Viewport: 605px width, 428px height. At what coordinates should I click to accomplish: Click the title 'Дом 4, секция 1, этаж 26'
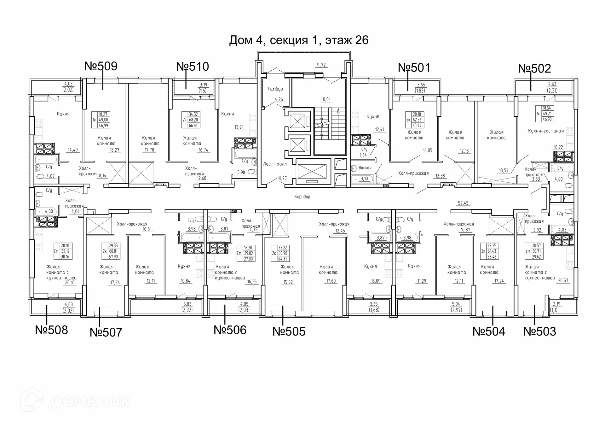tap(299, 40)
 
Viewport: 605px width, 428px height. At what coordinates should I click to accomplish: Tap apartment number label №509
tap(101, 66)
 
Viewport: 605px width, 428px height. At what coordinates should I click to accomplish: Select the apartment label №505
tap(289, 331)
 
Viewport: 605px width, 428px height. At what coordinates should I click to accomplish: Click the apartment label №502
tap(534, 68)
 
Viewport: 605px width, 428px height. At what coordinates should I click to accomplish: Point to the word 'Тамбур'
tap(275, 89)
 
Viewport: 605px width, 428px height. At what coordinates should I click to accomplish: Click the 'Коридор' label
tap(302, 197)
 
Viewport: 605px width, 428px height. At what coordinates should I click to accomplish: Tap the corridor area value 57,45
tap(463, 203)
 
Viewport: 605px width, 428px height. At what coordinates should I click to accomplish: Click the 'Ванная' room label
tap(365, 168)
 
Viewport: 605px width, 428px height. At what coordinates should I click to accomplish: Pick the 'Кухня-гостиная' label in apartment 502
tap(546, 131)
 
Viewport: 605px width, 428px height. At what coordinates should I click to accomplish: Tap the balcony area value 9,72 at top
tap(321, 65)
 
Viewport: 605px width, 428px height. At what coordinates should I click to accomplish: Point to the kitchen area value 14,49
tap(73, 150)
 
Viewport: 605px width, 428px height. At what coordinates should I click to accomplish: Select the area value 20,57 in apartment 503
tap(563, 280)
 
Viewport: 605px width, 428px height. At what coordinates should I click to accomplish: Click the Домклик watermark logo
tap(76, 401)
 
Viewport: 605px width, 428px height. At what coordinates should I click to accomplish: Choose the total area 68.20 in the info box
tap(193, 120)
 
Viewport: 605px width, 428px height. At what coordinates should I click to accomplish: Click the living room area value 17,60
tap(331, 281)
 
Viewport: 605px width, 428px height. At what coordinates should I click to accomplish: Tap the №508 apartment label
tap(51, 330)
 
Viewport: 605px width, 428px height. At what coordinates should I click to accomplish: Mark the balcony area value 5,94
tap(456, 304)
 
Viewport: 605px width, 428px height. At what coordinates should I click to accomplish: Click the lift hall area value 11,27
tap(282, 179)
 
